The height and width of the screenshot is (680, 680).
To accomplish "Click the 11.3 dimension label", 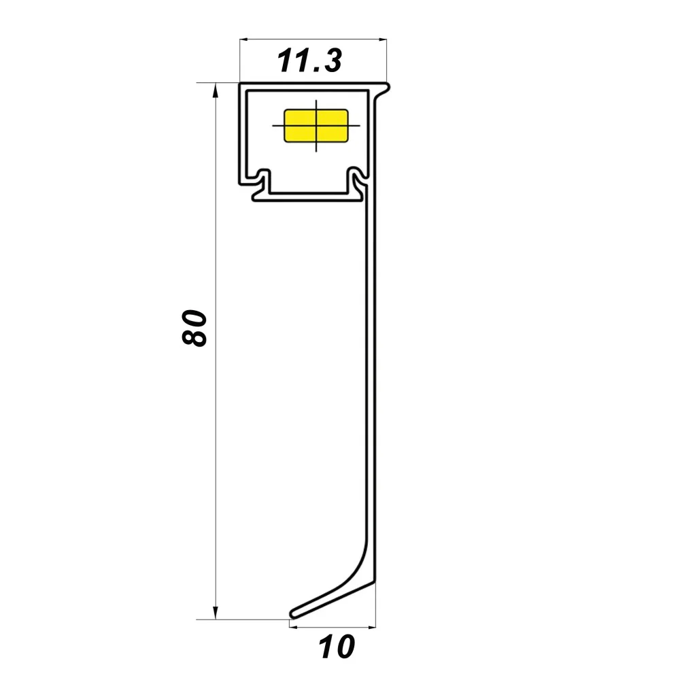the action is [309, 61].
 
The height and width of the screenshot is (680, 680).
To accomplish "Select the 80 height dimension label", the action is [194, 328].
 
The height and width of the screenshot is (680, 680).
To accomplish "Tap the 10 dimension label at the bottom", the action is [337, 647].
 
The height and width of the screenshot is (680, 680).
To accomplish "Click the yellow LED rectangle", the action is [316, 126].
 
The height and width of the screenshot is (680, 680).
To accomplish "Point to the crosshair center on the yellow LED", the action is [316, 126].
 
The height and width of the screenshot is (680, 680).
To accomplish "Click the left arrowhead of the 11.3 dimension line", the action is [243, 39].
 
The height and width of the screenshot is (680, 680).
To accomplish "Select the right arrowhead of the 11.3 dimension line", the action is [382, 39].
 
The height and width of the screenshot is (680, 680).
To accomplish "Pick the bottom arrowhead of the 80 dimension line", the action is [216, 613].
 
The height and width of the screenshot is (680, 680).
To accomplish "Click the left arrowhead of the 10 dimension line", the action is [293, 627].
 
